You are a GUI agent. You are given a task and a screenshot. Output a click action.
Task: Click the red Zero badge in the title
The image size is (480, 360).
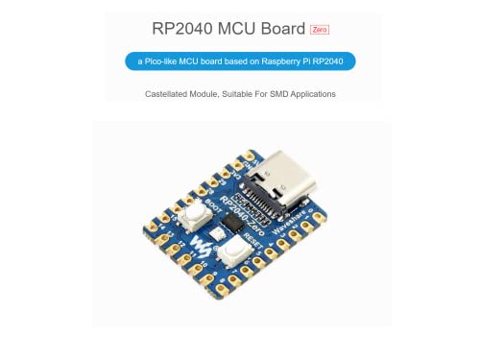pos(321,31)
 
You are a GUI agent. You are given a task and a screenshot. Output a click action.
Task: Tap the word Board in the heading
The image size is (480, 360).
pos(281,30)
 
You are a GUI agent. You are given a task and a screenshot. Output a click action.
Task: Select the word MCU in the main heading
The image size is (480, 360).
pos(236,30)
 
